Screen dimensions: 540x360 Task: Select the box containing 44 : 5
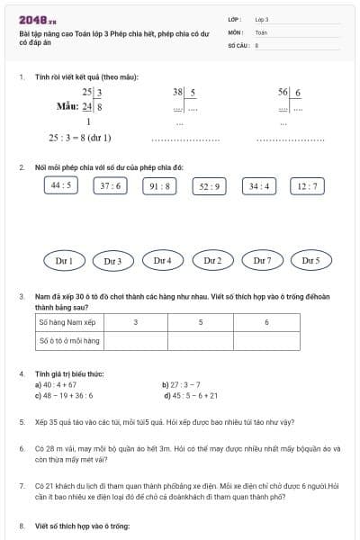61,185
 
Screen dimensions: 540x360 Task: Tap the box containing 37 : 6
111,185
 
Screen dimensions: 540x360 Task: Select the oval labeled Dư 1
64,260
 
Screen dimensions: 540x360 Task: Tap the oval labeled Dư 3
112,260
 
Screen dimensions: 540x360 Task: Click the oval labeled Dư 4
162,260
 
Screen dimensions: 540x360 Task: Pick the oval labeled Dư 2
212,260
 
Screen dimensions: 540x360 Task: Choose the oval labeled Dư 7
262,260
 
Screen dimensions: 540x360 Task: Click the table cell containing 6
266,321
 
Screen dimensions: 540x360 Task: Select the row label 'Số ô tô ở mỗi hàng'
68,341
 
